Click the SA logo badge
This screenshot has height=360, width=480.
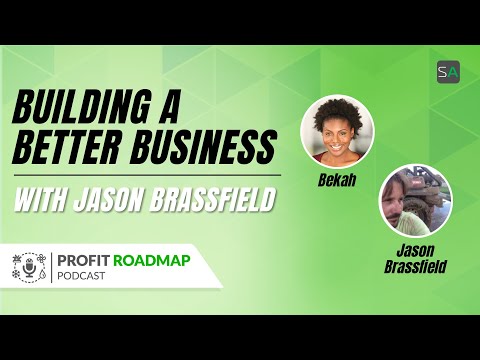pos(447,72)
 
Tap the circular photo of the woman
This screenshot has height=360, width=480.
pos(337,130)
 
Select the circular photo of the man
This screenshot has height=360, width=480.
pos(413,199)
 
